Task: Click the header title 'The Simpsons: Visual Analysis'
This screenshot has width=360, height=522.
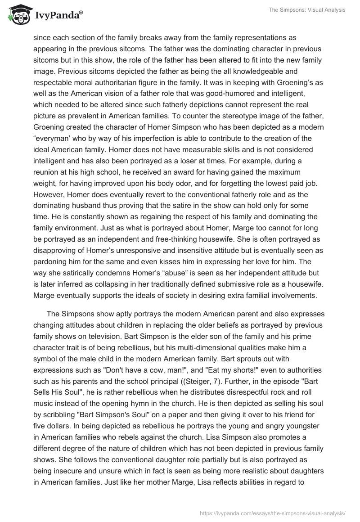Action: click(309, 10)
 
